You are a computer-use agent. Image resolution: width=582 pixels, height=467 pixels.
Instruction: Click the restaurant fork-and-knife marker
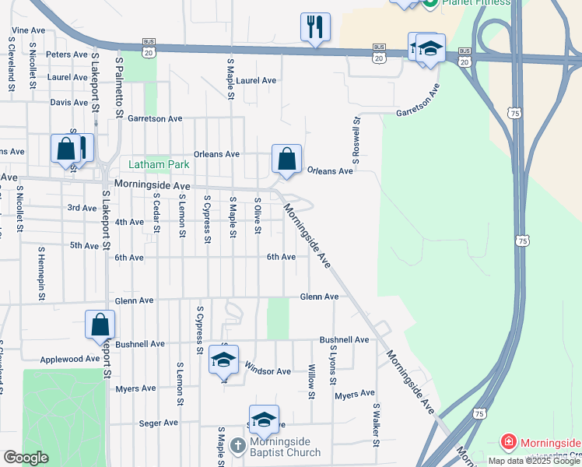pyautogui.click(x=315, y=27)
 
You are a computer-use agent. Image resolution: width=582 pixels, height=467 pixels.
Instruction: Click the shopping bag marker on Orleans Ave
pyautogui.click(x=286, y=159)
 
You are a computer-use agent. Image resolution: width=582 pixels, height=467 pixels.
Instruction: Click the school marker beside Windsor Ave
pyautogui.click(x=223, y=359)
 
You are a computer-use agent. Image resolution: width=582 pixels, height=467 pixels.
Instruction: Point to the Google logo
pyautogui.click(x=26, y=457)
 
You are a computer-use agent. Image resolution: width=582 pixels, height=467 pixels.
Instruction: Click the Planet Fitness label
pyautogui.click(x=476, y=2)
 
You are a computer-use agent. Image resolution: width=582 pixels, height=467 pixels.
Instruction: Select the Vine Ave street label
pyautogui.click(x=27, y=30)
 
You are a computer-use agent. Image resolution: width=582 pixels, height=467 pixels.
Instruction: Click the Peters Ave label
pyautogui.click(x=67, y=54)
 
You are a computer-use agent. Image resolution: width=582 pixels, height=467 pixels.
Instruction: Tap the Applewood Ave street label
pyautogui.click(x=71, y=359)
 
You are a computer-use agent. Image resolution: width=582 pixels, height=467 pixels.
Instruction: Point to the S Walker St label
pyautogui.click(x=376, y=424)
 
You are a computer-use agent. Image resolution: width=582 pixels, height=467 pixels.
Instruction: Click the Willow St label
pyautogui.click(x=311, y=381)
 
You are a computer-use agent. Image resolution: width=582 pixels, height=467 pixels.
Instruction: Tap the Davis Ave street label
pyautogui.click(x=68, y=102)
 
